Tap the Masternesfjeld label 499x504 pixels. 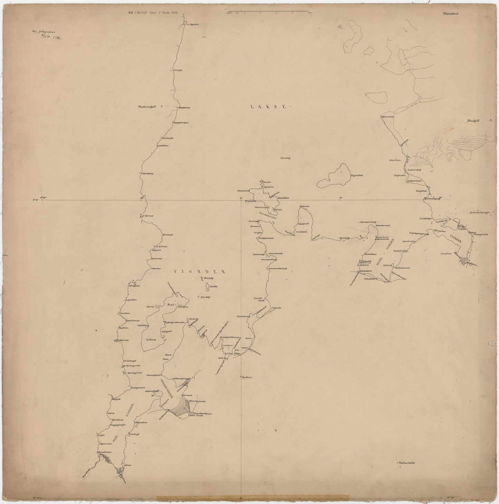pyautogui.click(x=147, y=107)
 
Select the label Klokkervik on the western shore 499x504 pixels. pyautogui.click(x=123, y=340)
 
